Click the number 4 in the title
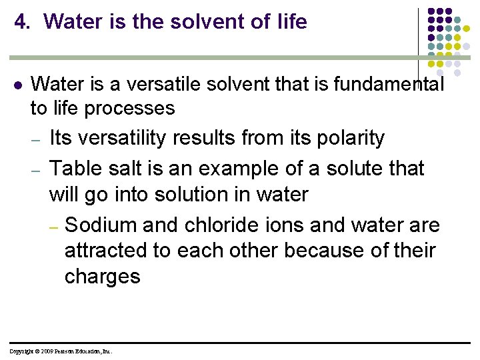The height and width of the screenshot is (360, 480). pos(20,22)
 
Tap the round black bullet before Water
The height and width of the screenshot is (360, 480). pos(18,86)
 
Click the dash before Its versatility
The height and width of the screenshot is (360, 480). pos(37,140)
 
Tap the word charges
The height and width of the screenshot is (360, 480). pos(102,277)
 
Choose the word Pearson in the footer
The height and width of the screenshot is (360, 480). pos(68,351)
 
